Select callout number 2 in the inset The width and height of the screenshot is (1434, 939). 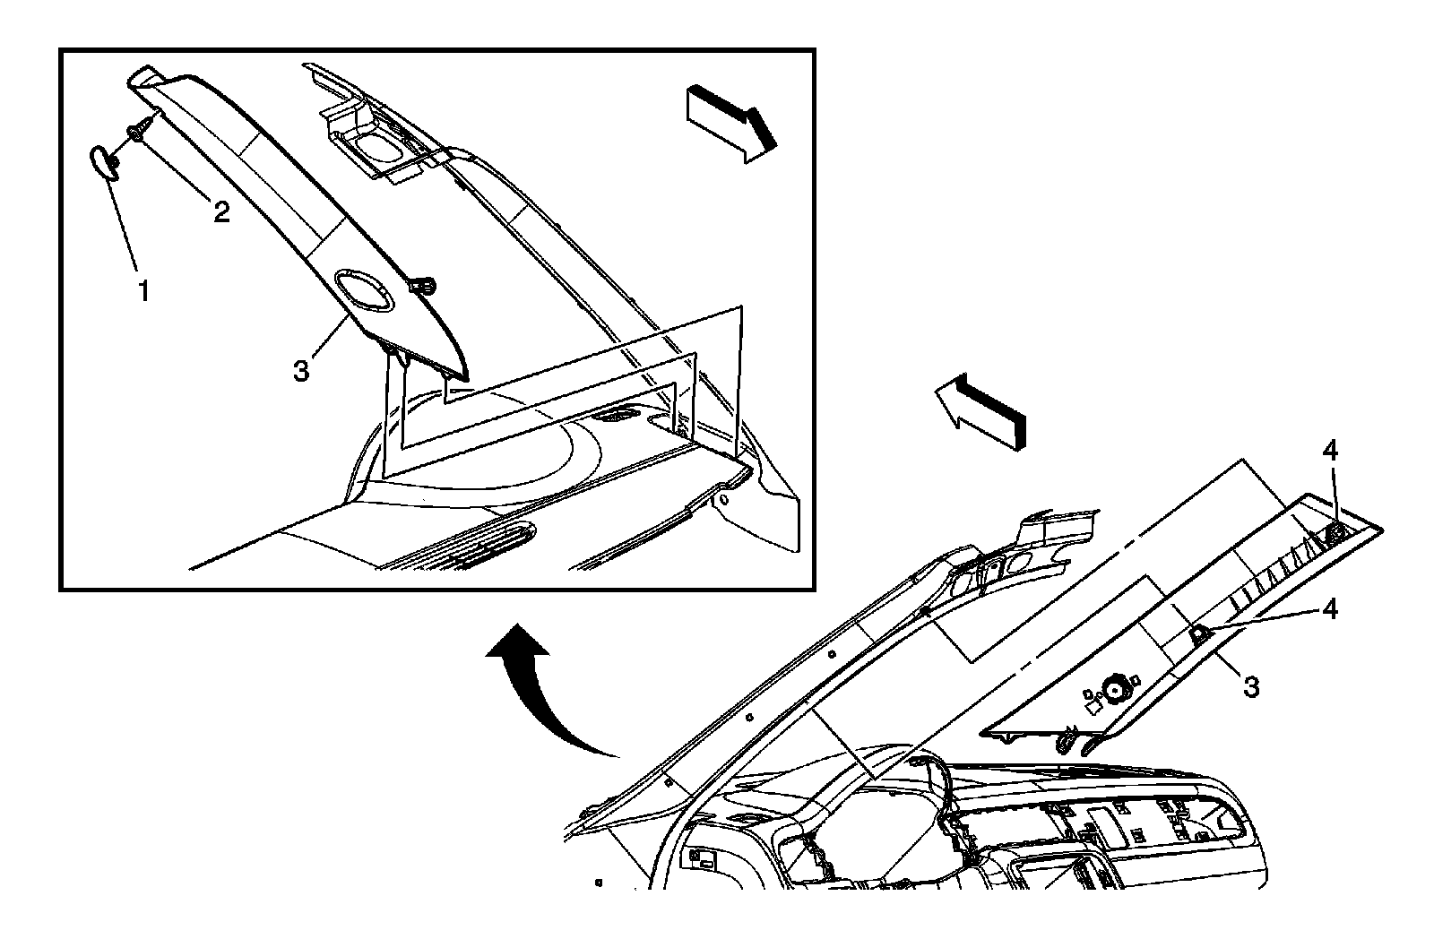(220, 211)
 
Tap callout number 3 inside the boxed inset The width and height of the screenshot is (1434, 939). (301, 369)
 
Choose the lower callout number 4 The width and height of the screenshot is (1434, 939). (1329, 609)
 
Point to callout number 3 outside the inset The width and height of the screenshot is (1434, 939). (1250, 687)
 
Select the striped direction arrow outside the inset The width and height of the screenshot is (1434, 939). (980, 412)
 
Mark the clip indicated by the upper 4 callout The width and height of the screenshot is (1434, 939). (1334, 532)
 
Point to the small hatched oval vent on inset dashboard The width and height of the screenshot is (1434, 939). (615, 415)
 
